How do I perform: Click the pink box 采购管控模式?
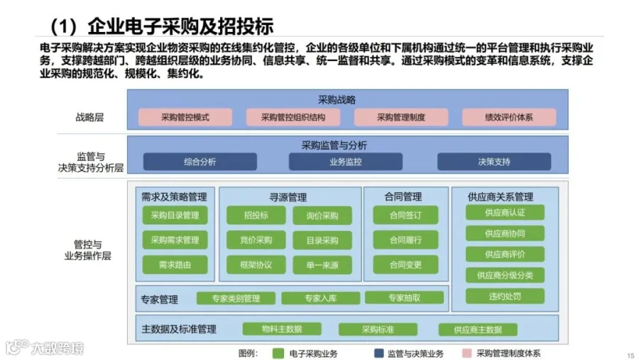[185, 117]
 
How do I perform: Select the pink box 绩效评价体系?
[509, 117]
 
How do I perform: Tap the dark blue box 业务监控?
[345, 162]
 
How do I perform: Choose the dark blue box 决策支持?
[493, 162]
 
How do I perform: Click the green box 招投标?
[256, 215]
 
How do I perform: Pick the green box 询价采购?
[322, 215]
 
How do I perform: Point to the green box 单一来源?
[322, 264]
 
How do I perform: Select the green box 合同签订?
[405, 215]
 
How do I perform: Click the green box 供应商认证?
[505, 212]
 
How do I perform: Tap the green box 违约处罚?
[505, 295]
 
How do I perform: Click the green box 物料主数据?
[282, 329]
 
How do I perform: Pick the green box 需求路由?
[175, 264]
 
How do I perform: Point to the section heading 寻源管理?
[288, 197]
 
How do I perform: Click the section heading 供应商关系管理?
[501, 197]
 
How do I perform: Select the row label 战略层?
[89, 117]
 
